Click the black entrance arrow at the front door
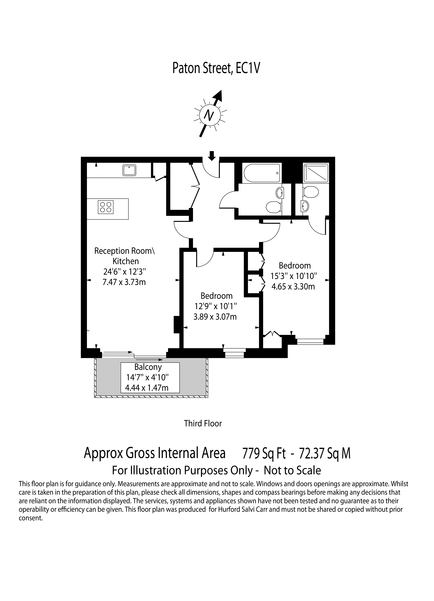pyautogui.click(x=211, y=156)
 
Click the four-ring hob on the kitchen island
pyautogui.click(x=106, y=207)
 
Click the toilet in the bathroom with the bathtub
pyautogui.click(x=274, y=208)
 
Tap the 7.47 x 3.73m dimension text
pyautogui.click(x=124, y=282)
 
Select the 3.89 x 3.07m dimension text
pyautogui.click(x=215, y=317)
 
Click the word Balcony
pyautogui.click(x=148, y=367)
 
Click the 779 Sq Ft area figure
pyautogui.click(x=264, y=454)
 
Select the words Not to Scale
pyautogui.click(x=293, y=470)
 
